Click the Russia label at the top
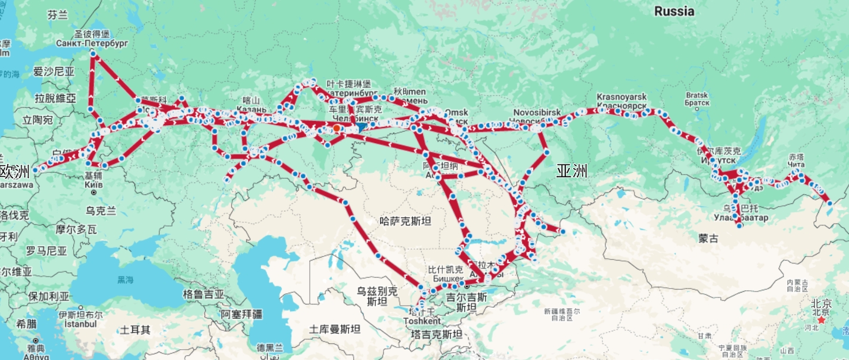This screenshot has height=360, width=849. [x=674, y=11]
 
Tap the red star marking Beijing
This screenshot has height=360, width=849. [x=822, y=320]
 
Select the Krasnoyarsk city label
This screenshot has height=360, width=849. [x=621, y=97]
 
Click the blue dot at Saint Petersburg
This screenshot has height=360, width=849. [x=93, y=54]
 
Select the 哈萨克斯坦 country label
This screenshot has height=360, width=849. [x=405, y=221]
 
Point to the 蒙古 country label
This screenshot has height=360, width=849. [x=709, y=238]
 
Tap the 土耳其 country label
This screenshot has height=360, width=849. [x=135, y=329]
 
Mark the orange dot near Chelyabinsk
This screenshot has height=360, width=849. [x=337, y=128]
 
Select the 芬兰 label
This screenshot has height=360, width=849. [x=58, y=15]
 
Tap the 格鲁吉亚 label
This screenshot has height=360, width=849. [x=203, y=294]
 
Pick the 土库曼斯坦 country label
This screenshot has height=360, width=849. [x=335, y=329]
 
